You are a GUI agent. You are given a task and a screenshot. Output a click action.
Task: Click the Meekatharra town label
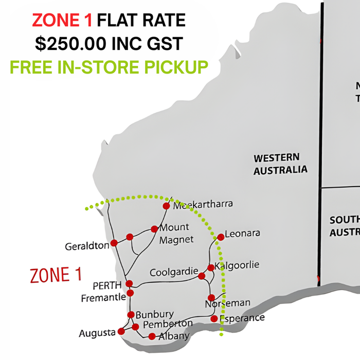(203, 205)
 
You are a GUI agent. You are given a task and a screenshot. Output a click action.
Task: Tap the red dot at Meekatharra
(166, 206)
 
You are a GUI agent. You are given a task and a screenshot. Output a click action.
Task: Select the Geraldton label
(87, 246)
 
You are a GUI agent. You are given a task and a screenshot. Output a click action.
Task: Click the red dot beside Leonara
(221, 237)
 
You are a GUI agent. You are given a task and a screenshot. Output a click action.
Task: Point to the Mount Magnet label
(174, 233)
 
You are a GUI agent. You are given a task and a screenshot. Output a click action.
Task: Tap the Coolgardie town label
(174, 272)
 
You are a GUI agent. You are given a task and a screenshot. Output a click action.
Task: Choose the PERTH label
(107, 285)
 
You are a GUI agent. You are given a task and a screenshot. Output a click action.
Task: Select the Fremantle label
(103, 297)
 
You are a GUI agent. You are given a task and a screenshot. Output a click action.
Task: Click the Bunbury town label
(155, 314)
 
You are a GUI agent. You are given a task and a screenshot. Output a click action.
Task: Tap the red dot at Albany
(152, 336)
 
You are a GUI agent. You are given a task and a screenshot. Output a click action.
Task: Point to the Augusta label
(97, 333)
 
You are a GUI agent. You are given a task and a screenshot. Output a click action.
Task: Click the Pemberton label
(168, 324)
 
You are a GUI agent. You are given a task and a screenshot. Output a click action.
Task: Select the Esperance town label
(243, 318)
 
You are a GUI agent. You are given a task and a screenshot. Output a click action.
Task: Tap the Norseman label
(227, 303)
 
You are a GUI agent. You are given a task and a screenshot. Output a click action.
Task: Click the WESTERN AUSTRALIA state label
(280, 164)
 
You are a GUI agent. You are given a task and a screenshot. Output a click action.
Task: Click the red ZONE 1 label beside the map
(56, 275)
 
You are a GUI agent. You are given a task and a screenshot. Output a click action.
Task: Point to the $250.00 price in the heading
(71, 44)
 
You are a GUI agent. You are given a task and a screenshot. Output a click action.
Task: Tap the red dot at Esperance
(214, 319)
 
